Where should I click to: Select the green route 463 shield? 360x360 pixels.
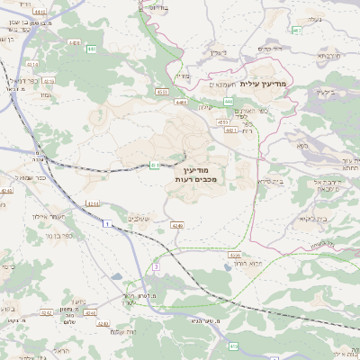pyautogui.click(x=296, y=31)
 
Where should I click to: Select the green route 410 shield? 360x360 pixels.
pyautogui.click(x=233, y=346)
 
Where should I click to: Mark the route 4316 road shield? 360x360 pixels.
pyautogui.click(x=33, y=66)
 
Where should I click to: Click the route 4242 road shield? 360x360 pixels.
pyautogui.click(x=46, y=313)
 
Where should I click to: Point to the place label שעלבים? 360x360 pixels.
pyautogui.click(x=142, y=218)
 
